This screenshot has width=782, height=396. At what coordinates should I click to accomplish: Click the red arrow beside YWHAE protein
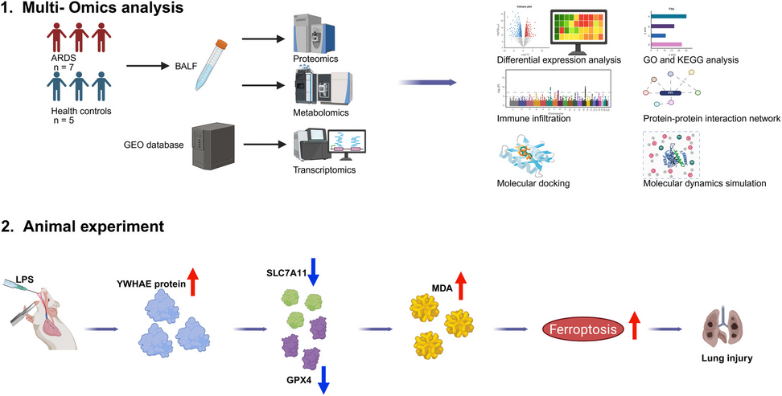click(x=193, y=283)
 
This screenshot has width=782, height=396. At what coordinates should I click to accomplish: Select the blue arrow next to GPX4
click(x=325, y=377)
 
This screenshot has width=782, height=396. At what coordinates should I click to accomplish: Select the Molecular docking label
click(x=533, y=183)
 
